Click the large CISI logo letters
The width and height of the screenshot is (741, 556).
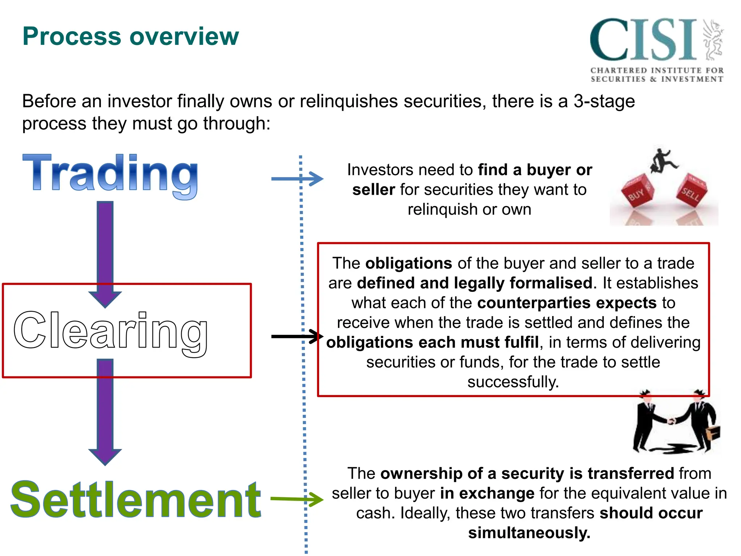pyautogui.click(x=643, y=40)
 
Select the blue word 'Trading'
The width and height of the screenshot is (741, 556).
pyautogui.click(x=110, y=174)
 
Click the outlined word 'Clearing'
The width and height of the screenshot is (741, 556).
pyautogui.click(x=110, y=331)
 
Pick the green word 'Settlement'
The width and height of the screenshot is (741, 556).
pyautogui.click(x=136, y=500)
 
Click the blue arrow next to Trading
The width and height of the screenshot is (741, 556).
pyautogui.click(x=297, y=178)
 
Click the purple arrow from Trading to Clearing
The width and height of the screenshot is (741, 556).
pyautogui.click(x=105, y=253)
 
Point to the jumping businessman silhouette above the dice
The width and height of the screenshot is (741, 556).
pyautogui.click(x=663, y=161)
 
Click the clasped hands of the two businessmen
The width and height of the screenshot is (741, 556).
pyautogui.click(x=672, y=421)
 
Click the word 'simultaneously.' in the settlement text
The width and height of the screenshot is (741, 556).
pyautogui.click(x=529, y=533)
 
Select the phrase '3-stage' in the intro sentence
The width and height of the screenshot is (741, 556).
pyautogui.click(x=604, y=101)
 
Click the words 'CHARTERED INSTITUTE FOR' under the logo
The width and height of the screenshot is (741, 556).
pyautogui.click(x=657, y=70)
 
